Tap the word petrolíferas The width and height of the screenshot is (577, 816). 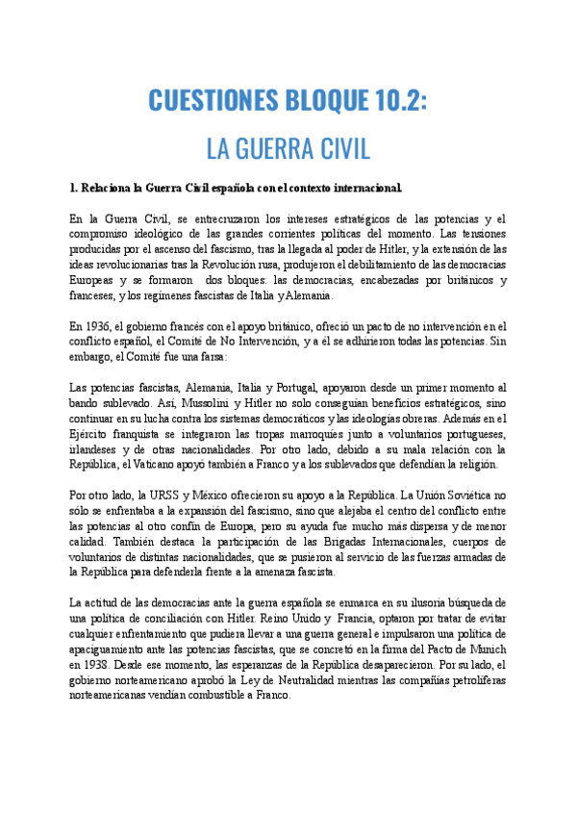(470, 681)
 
